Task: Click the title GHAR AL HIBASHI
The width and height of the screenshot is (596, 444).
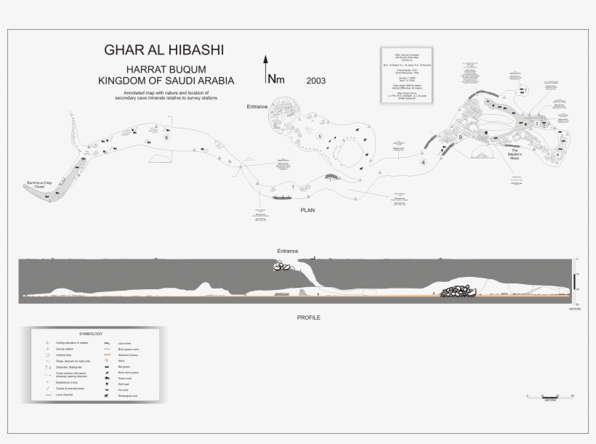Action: tap(164, 50)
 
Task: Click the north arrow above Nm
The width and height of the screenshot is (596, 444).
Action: tap(265, 64)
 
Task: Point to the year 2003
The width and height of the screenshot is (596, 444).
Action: tap(316, 80)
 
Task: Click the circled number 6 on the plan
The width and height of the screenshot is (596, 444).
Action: tap(166, 137)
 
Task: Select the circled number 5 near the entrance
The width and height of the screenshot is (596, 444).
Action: tap(320, 136)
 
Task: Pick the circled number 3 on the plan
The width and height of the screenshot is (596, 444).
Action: tap(536, 124)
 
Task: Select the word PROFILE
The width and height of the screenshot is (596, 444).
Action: tap(309, 318)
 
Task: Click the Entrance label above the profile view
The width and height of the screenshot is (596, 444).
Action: tap(287, 251)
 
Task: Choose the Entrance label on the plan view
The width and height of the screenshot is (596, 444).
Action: tap(257, 107)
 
